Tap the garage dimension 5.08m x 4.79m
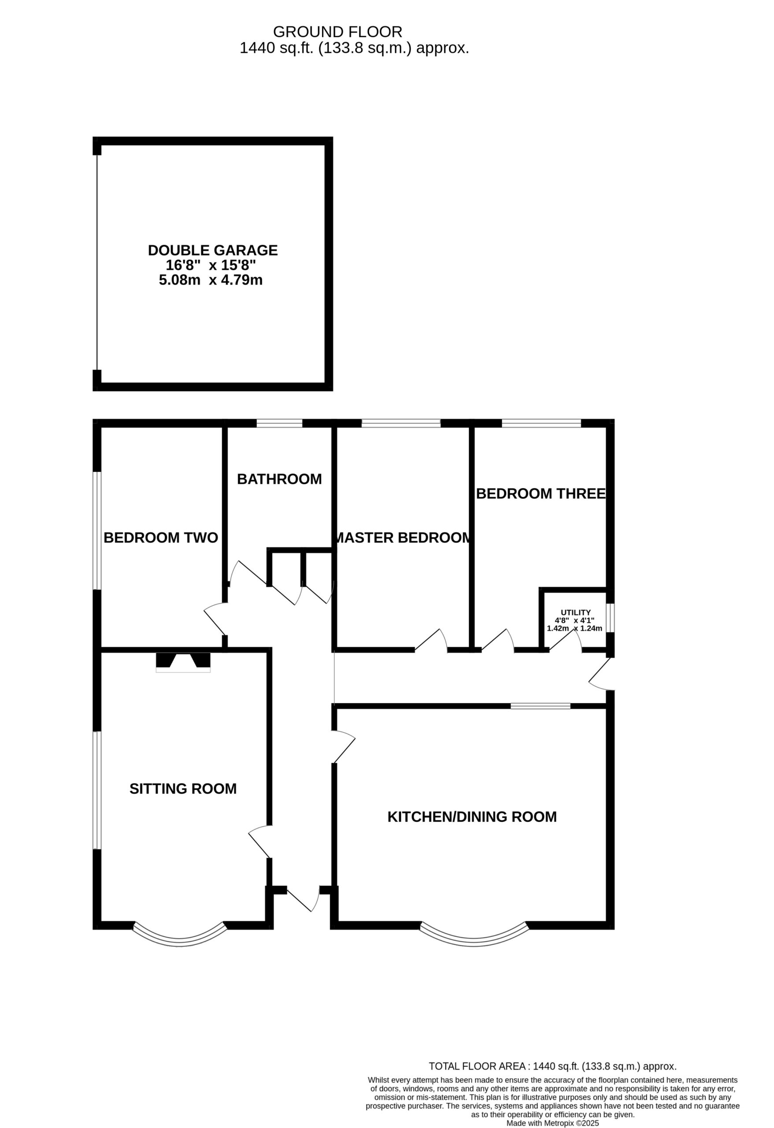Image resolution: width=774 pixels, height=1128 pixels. coord(211,280)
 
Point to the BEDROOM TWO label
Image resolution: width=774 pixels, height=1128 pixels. coord(161,538)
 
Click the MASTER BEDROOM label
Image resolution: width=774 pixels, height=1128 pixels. coord(403,538)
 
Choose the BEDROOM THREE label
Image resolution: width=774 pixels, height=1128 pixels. coord(541,493)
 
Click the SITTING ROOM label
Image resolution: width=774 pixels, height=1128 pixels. coord(183,789)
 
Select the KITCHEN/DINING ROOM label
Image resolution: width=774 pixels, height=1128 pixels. coord(472,817)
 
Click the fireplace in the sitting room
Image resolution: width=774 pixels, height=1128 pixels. coord(183,662)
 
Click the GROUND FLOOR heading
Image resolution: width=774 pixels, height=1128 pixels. coord(338,32)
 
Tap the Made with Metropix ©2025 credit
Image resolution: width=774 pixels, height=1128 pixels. coord(553,1120)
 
